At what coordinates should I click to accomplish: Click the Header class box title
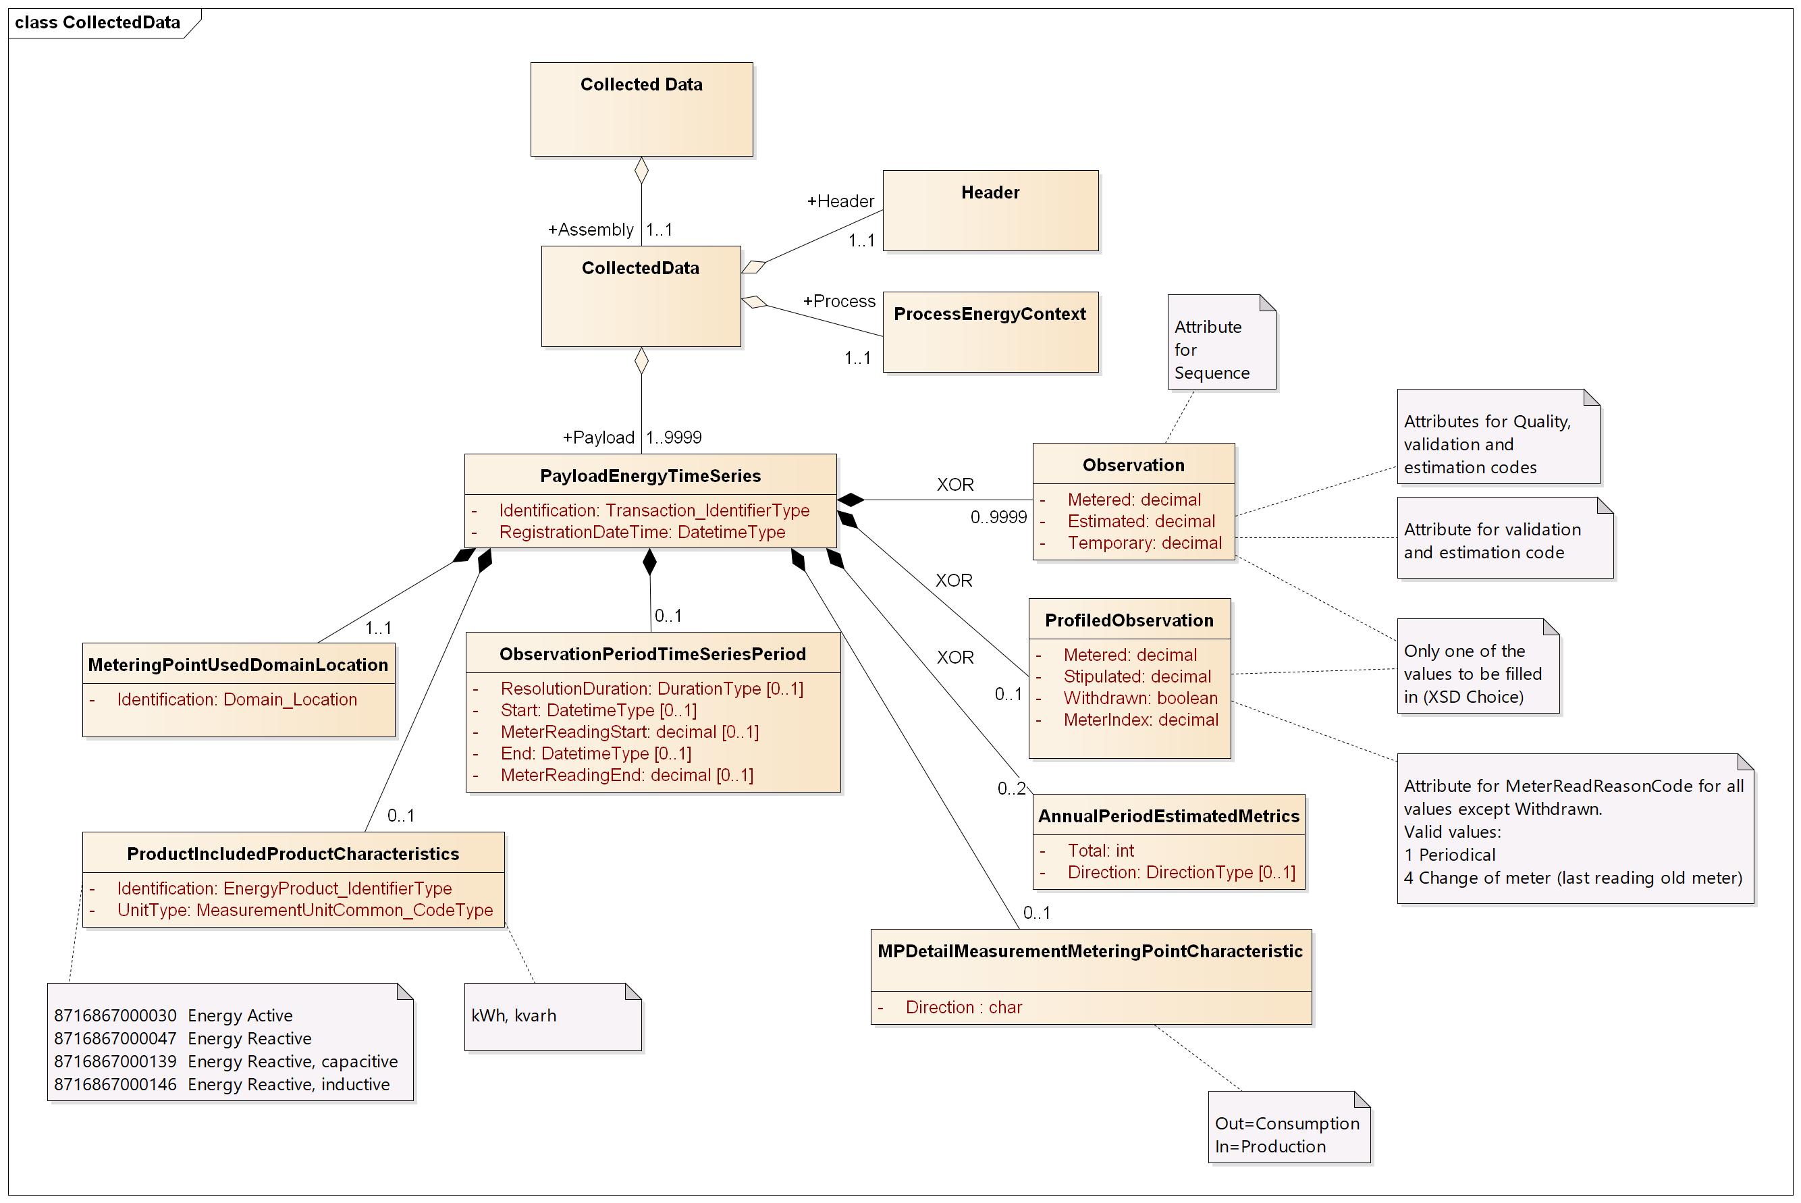[990, 192]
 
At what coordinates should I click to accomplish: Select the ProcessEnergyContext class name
[989, 314]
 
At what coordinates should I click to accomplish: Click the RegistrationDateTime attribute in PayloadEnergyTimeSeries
[641, 533]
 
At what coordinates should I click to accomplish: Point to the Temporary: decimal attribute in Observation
[1144, 543]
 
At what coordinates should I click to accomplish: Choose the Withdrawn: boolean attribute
[1140, 698]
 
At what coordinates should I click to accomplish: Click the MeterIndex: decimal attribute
[1140, 720]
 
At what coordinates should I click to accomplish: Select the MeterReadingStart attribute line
[629, 732]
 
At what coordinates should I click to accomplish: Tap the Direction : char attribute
[963, 1007]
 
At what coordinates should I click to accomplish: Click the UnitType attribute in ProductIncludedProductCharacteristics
[304, 910]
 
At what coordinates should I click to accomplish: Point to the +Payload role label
[598, 437]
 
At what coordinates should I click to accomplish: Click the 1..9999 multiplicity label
[674, 437]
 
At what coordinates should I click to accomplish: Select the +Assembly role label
[590, 230]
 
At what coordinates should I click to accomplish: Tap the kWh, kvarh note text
[513, 1016]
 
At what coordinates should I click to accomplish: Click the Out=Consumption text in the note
[1287, 1123]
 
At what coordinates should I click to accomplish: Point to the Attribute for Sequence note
[1211, 350]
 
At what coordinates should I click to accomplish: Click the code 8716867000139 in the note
[115, 1062]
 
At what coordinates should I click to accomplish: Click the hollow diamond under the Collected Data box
[641, 171]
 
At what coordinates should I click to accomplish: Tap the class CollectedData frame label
[97, 22]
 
